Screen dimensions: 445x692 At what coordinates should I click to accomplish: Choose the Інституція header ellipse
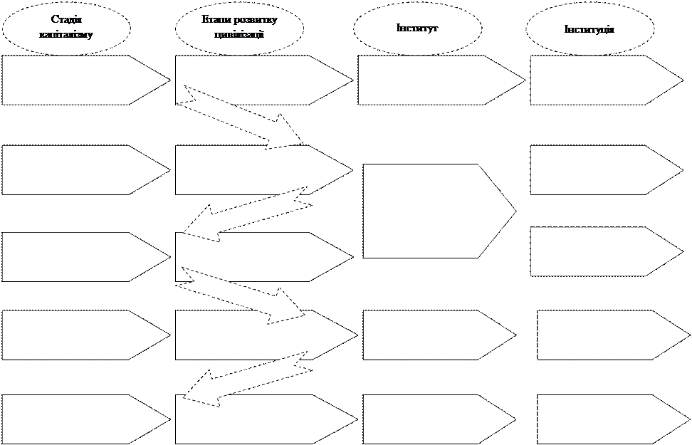pos(589,29)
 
